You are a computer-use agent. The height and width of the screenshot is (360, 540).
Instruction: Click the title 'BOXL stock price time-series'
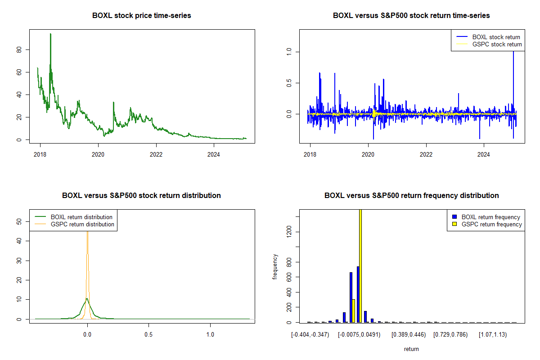tap(142, 16)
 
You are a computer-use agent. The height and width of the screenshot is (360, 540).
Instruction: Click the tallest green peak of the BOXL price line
tap(50, 34)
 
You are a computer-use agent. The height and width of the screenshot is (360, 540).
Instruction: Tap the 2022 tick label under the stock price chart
tap(156, 154)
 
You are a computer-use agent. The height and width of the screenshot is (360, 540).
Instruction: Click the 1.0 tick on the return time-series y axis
tap(289, 52)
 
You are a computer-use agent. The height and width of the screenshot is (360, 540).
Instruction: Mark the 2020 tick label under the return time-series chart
tap(368, 154)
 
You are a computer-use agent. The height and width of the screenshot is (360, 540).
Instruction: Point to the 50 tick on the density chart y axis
tap(19, 221)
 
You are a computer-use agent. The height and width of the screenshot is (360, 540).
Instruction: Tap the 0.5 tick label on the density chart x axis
tap(148, 334)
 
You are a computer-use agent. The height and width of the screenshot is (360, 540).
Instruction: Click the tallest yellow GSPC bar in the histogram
tap(360, 265)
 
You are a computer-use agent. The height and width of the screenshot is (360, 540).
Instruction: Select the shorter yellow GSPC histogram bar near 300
tap(353, 310)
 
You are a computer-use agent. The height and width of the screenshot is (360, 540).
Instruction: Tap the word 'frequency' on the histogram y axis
tap(275, 267)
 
